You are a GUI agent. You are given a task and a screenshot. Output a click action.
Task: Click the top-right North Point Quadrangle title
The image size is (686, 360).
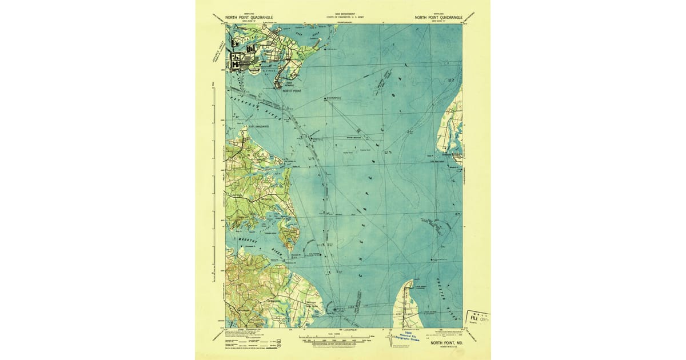pyautogui.click(x=439, y=17)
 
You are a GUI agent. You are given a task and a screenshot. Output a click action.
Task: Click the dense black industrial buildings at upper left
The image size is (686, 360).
pyautogui.click(x=237, y=60)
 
